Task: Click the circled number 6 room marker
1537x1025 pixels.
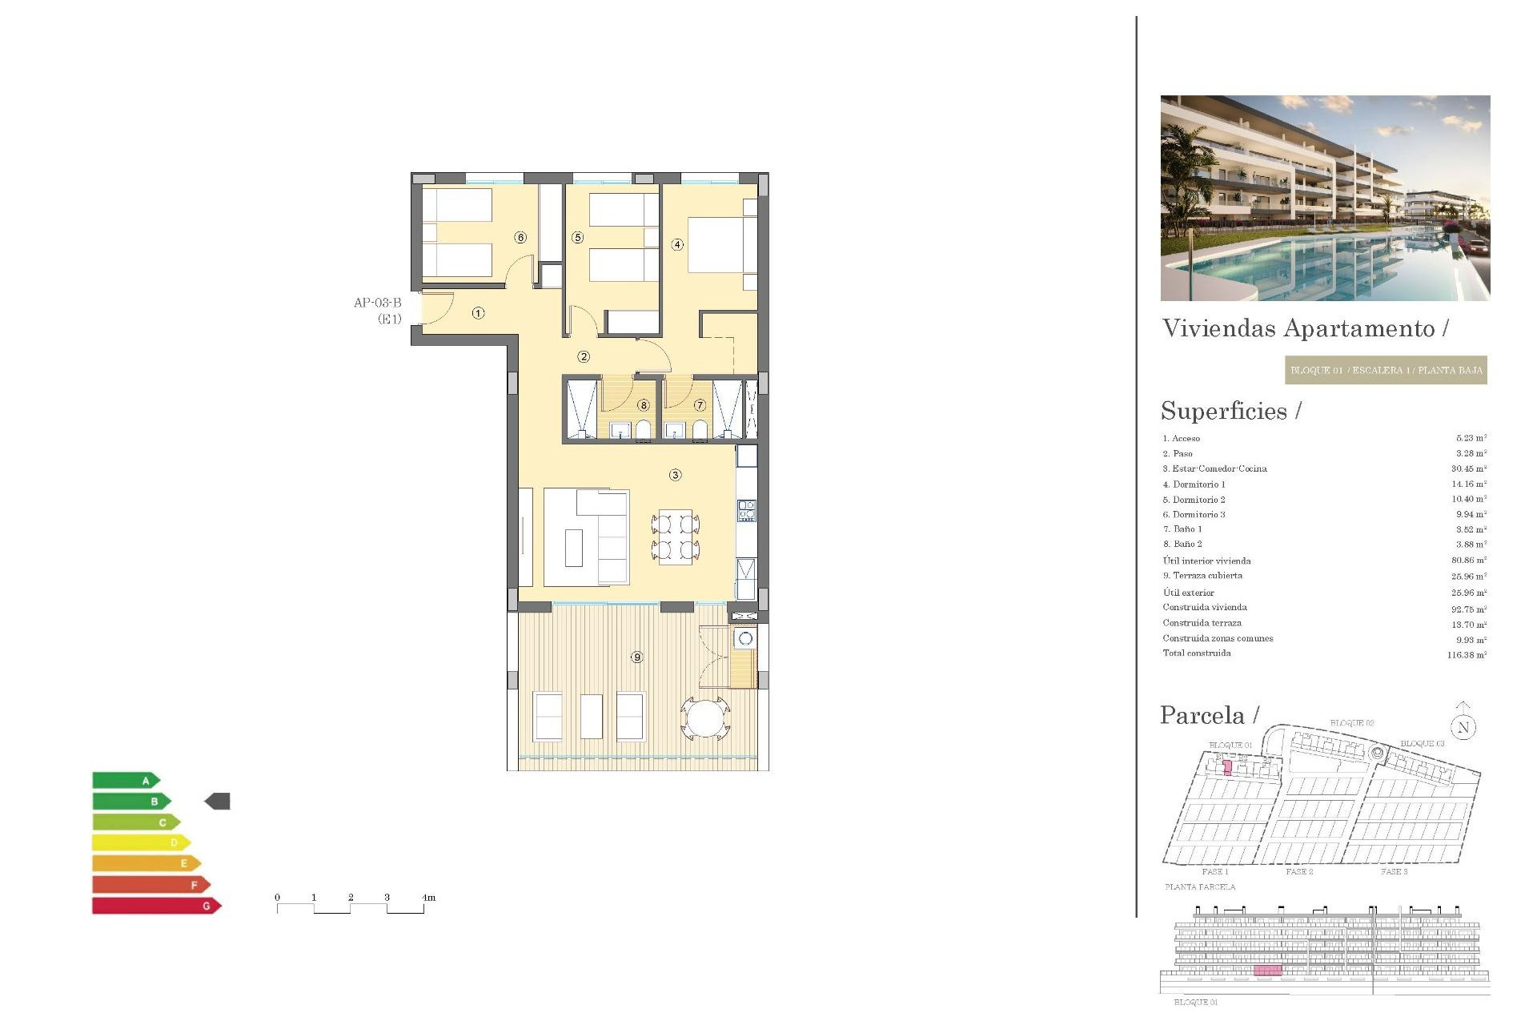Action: pyautogui.click(x=521, y=238)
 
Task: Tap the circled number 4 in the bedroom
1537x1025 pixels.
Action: pyautogui.click(x=677, y=244)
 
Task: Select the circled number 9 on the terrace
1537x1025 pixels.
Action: pyautogui.click(x=637, y=657)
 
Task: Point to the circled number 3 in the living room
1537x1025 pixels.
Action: pyautogui.click(x=676, y=475)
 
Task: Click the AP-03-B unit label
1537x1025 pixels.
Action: pyautogui.click(x=378, y=303)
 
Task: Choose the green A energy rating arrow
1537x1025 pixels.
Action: pyautogui.click(x=126, y=781)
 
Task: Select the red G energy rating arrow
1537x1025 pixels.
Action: pyautogui.click(x=156, y=906)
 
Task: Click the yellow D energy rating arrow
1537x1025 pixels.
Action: pyautogui.click(x=141, y=843)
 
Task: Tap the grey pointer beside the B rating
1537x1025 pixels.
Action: pyautogui.click(x=218, y=801)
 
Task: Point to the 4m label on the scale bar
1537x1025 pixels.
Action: pyautogui.click(x=429, y=898)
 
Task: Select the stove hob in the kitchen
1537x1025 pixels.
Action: pyautogui.click(x=746, y=511)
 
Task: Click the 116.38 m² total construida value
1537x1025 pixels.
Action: pyautogui.click(x=1467, y=655)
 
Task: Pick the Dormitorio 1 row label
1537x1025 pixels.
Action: pyautogui.click(x=1194, y=484)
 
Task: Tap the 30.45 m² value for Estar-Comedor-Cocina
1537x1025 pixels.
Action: pyautogui.click(x=1469, y=469)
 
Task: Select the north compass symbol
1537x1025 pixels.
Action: pyautogui.click(x=1463, y=726)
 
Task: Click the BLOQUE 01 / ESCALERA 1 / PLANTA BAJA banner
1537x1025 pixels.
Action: pyautogui.click(x=1386, y=370)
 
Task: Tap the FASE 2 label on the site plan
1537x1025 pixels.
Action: pyautogui.click(x=1299, y=871)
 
